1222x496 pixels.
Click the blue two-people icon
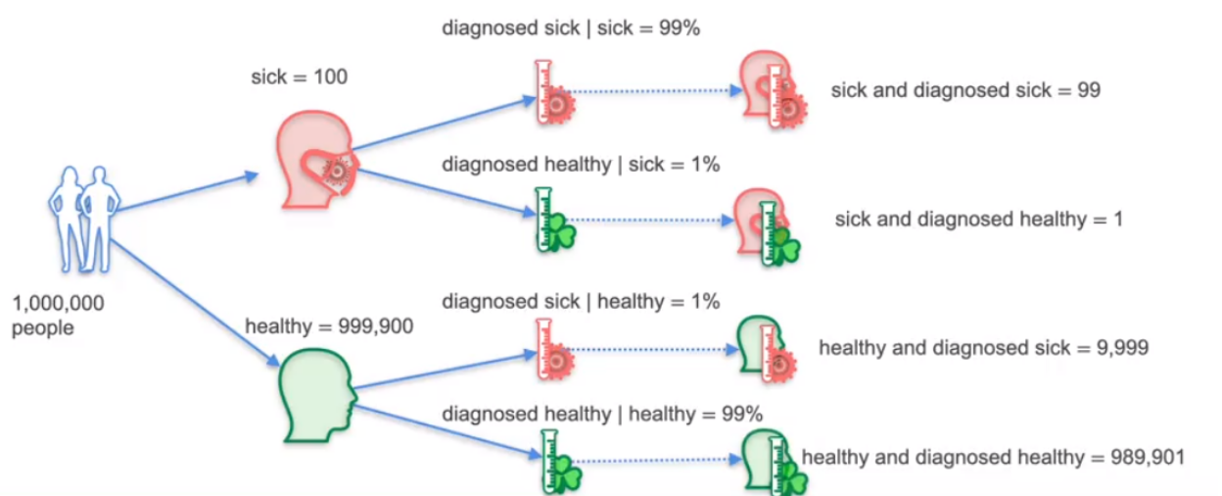[x=84, y=219]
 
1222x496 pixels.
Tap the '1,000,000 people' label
[x=58, y=316]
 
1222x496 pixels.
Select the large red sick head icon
[x=317, y=160]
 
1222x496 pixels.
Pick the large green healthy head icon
[x=317, y=395]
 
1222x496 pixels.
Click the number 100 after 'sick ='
[x=331, y=77]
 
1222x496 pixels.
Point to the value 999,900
[x=375, y=326]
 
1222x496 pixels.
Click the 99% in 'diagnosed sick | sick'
[x=680, y=27]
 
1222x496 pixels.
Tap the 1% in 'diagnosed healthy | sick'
[x=705, y=164]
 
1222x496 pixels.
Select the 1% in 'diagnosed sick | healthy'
[x=705, y=301]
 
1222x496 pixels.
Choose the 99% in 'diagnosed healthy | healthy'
[x=742, y=414]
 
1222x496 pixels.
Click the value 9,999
[x=1123, y=348]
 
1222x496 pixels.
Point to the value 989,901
[x=1148, y=457]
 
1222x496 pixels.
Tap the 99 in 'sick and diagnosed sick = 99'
[x=1089, y=90]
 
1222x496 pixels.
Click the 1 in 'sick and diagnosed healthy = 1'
[x=1118, y=219]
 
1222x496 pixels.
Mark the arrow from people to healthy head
[x=195, y=302]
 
